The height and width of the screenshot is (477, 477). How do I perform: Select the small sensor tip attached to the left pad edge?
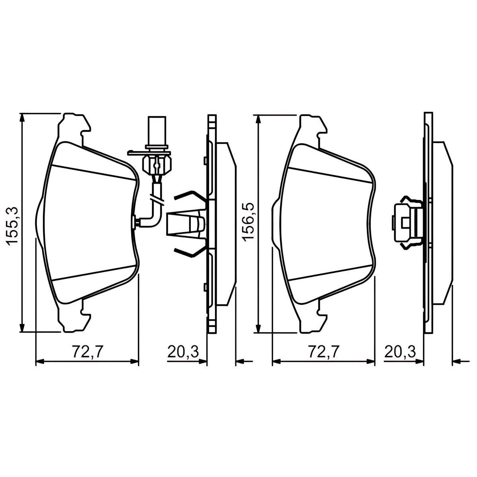[134, 221]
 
